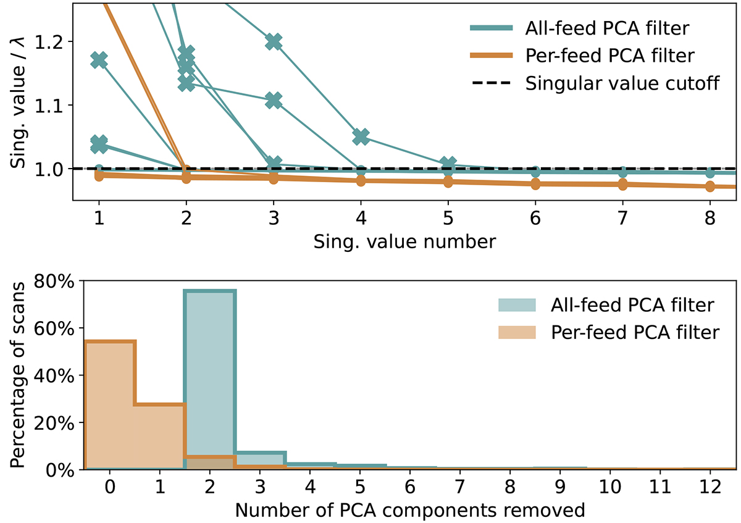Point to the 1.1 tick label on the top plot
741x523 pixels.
click(x=49, y=105)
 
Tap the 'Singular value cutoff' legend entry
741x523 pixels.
click(x=622, y=83)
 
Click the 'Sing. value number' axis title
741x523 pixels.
click(x=404, y=241)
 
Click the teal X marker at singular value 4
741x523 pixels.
click(x=361, y=136)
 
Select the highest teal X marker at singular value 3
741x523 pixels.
click(x=274, y=42)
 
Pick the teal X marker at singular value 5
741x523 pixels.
click(x=448, y=164)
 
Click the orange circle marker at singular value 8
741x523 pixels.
click(x=710, y=186)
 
